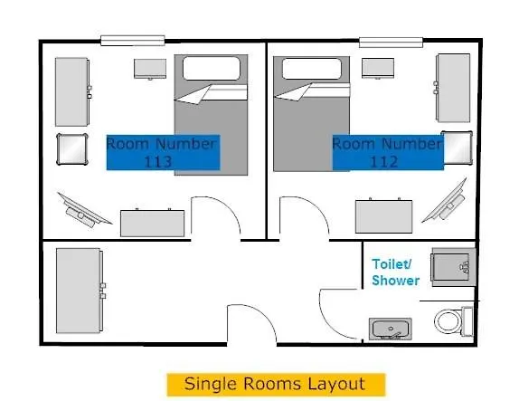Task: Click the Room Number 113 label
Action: (x=162, y=152)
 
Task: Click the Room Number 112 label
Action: (x=387, y=152)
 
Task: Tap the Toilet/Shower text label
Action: (x=396, y=272)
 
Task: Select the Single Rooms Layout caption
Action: (x=275, y=383)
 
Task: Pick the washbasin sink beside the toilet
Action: (x=391, y=328)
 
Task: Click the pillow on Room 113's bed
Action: (x=211, y=70)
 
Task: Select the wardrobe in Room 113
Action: (x=72, y=91)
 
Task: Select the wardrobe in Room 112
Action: (x=453, y=88)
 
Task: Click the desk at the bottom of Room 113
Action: (x=154, y=222)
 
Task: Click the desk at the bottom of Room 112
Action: (x=383, y=216)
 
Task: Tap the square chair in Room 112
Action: (x=457, y=147)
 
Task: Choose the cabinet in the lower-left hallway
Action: (x=80, y=290)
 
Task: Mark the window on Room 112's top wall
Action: (x=392, y=41)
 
